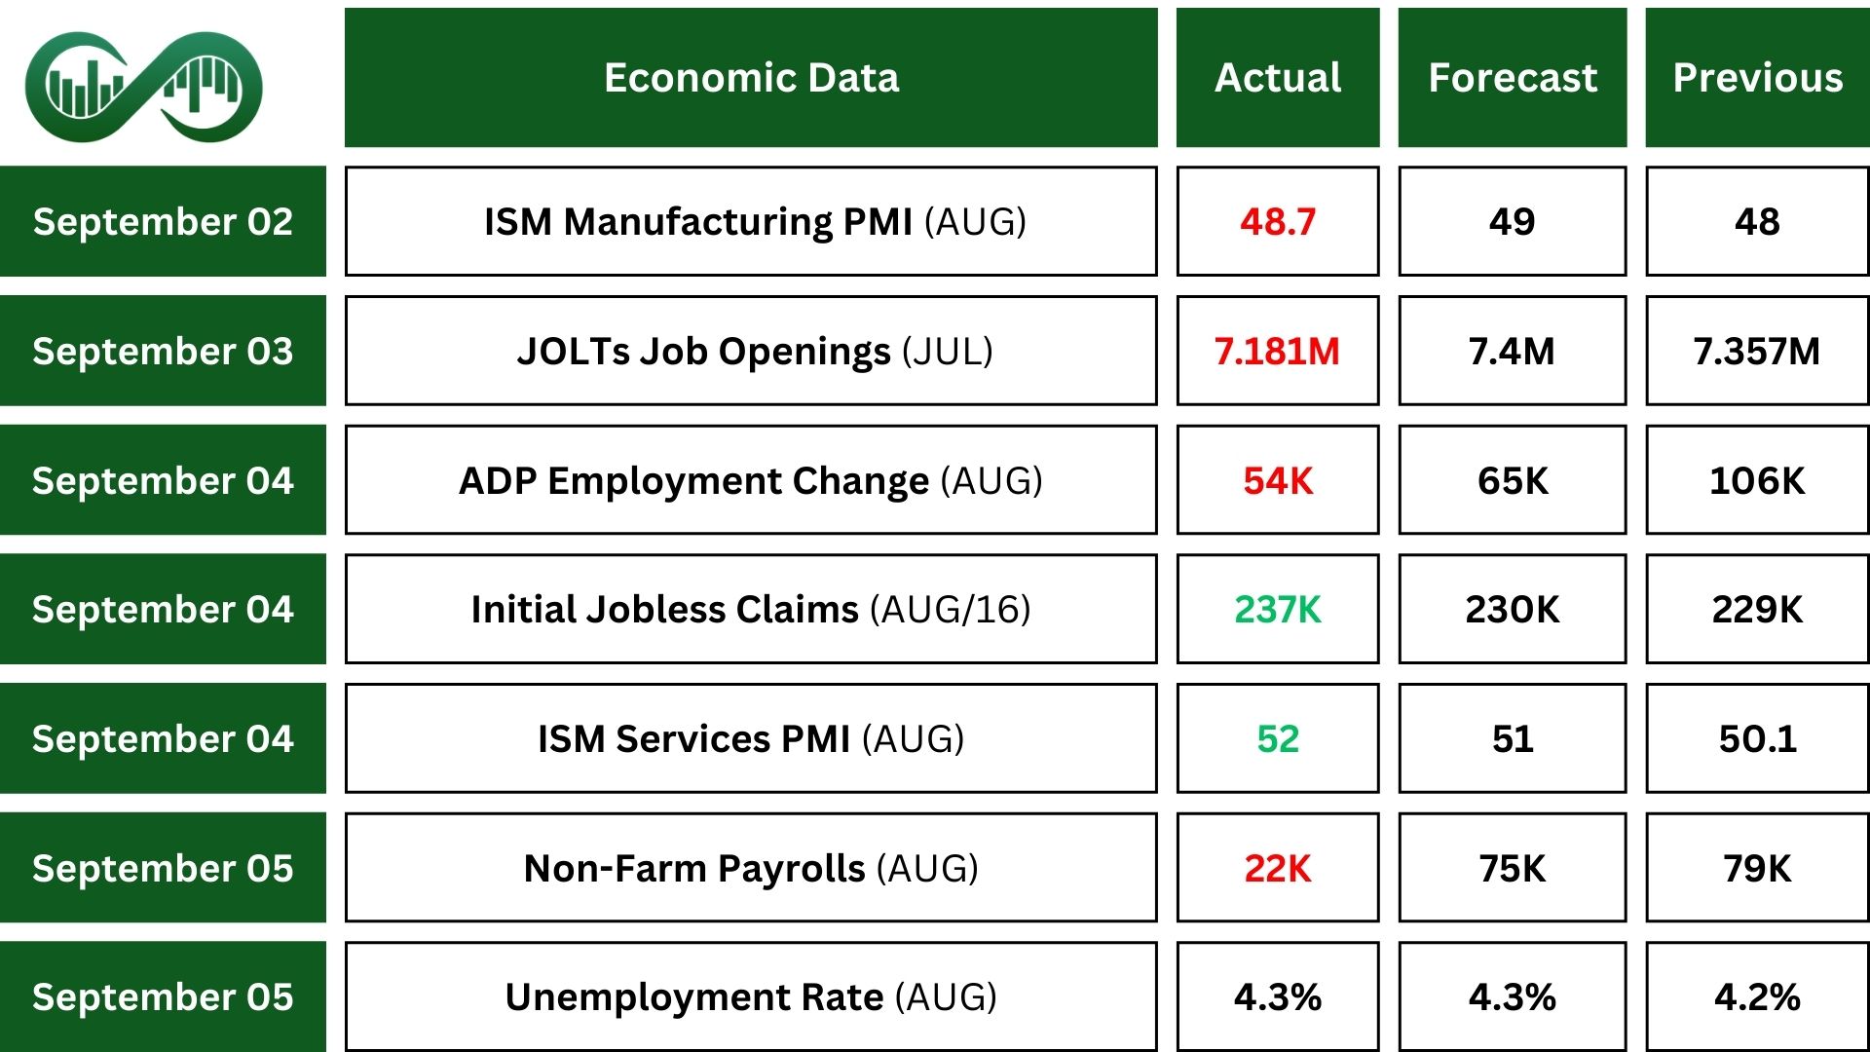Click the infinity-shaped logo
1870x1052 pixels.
point(144,86)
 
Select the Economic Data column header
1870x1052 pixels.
point(751,78)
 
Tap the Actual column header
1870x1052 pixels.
point(1278,78)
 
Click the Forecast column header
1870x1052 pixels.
point(1513,78)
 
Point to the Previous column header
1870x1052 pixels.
point(1758,78)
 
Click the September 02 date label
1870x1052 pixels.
point(163,221)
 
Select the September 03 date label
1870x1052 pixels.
point(163,351)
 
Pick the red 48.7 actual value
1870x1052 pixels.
point(1278,221)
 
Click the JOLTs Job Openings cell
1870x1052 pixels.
point(751,351)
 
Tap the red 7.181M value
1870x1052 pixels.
point(1278,351)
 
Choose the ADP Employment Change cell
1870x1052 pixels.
point(751,480)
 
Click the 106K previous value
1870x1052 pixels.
point(1758,480)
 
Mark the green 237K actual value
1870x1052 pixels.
point(1278,609)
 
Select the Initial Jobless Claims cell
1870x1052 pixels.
point(751,609)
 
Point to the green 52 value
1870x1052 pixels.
point(1278,738)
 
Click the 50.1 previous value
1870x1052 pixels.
point(1758,738)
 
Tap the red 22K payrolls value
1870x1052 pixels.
point(1278,868)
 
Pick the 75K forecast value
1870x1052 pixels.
point(1513,868)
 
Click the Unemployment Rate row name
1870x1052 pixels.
point(751,996)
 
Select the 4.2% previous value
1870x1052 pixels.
point(1758,996)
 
